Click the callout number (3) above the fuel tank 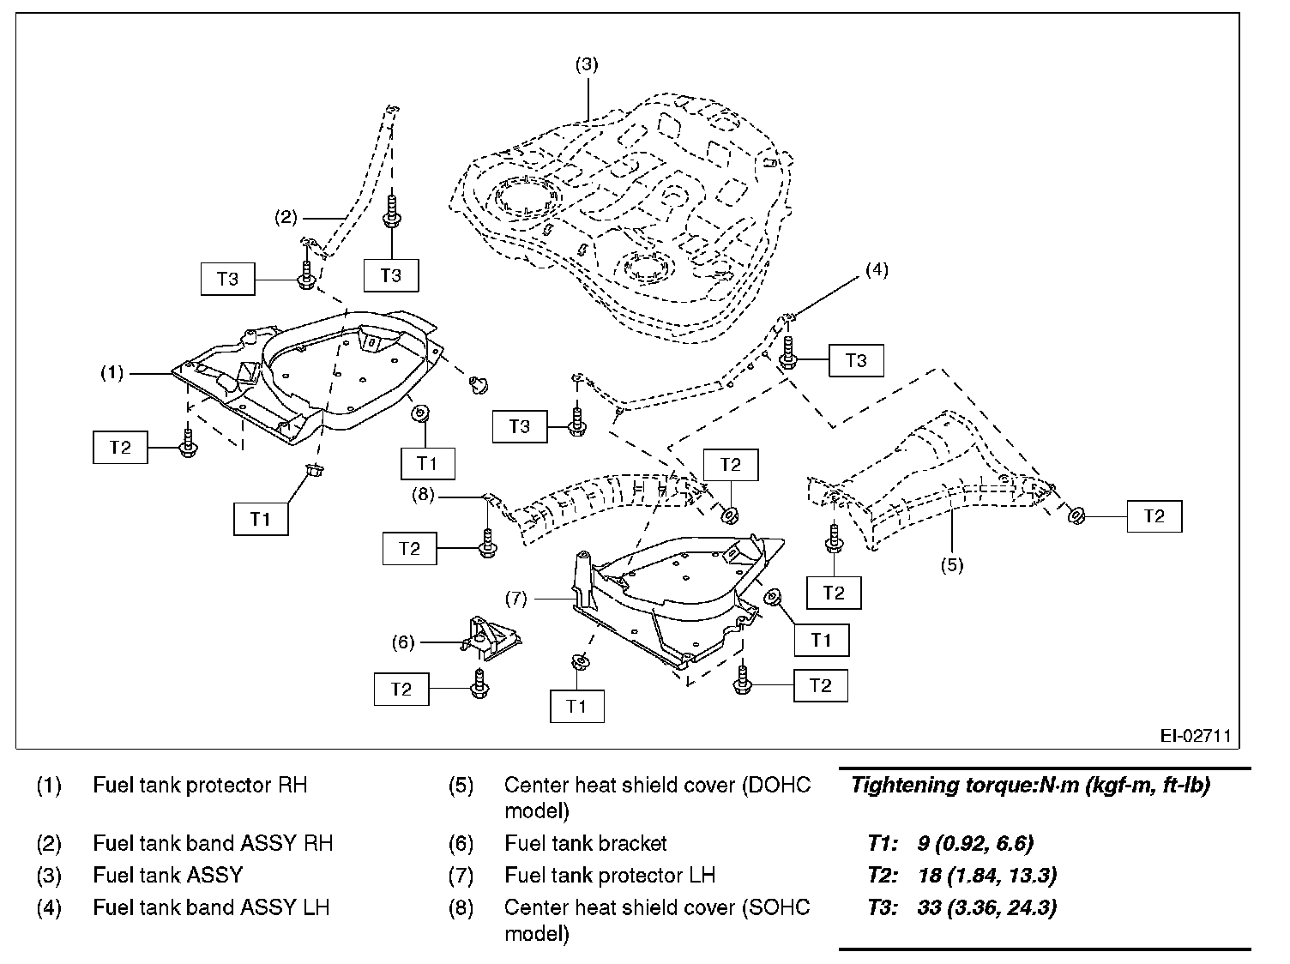(586, 64)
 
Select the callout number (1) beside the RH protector (112, 373)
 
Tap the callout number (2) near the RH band (286, 217)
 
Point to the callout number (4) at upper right (876, 269)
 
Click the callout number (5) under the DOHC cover (951, 564)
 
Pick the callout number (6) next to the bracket (403, 642)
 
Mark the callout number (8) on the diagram (424, 495)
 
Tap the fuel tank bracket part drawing (493, 637)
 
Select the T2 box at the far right (1154, 516)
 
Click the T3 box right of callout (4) (855, 361)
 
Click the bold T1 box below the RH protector (261, 519)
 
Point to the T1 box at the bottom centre (576, 707)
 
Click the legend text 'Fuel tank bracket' (586, 844)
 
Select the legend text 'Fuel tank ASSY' (167, 876)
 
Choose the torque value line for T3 (961, 907)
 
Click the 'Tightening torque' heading (1029, 786)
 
